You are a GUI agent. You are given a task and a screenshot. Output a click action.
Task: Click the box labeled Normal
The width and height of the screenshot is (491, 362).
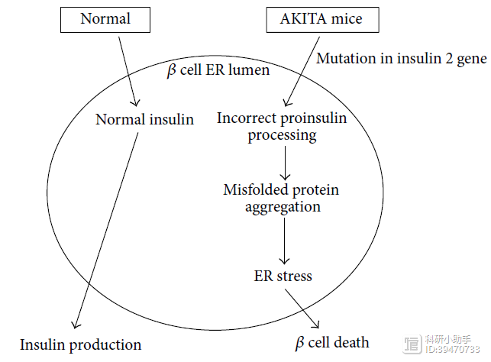click(x=105, y=20)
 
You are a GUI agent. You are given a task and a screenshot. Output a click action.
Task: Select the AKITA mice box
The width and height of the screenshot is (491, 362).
click(x=322, y=20)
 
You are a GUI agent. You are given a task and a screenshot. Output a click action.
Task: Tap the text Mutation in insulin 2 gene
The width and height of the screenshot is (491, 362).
click(x=402, y=59)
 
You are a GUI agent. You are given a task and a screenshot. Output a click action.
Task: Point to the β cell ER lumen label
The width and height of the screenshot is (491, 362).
click(x=218, y=70)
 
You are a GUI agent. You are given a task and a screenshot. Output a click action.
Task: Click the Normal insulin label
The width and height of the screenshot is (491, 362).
click(x=144, y=119)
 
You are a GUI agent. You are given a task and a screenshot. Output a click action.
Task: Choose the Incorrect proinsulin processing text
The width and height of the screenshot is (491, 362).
click(x=282, y=127)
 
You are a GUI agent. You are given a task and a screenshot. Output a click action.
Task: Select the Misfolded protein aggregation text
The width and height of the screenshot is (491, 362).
click(x=281, y=199)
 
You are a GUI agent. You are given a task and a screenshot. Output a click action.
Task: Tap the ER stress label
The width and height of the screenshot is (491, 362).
click(x=283, y=276)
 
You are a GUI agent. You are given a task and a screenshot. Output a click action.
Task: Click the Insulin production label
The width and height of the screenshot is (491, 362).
click(x=80, y=345)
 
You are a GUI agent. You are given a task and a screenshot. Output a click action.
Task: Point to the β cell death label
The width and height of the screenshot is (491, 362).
click(x=332, y=343)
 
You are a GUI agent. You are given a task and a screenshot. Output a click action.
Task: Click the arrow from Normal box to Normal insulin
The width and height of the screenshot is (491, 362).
click(x=128, y=71)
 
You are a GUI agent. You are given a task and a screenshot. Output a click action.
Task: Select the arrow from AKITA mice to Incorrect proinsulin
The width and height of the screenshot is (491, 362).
click(x=302, y=71)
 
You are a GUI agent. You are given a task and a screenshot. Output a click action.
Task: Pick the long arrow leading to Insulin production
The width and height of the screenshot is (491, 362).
click(x=106, y=231)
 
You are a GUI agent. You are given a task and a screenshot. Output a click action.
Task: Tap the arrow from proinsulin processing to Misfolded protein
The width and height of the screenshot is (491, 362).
click(x=285, y=163)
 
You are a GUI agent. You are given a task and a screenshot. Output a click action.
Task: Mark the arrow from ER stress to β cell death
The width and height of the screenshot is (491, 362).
click(x=302, y=309)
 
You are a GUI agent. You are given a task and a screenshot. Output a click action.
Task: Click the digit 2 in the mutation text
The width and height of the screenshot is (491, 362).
click(x=449, y=59)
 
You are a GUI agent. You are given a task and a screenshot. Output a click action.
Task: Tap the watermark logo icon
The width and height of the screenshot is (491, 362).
click(x=412, y=344)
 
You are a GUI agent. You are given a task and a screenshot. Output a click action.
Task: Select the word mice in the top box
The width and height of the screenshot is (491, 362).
click(x=347, y=19)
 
